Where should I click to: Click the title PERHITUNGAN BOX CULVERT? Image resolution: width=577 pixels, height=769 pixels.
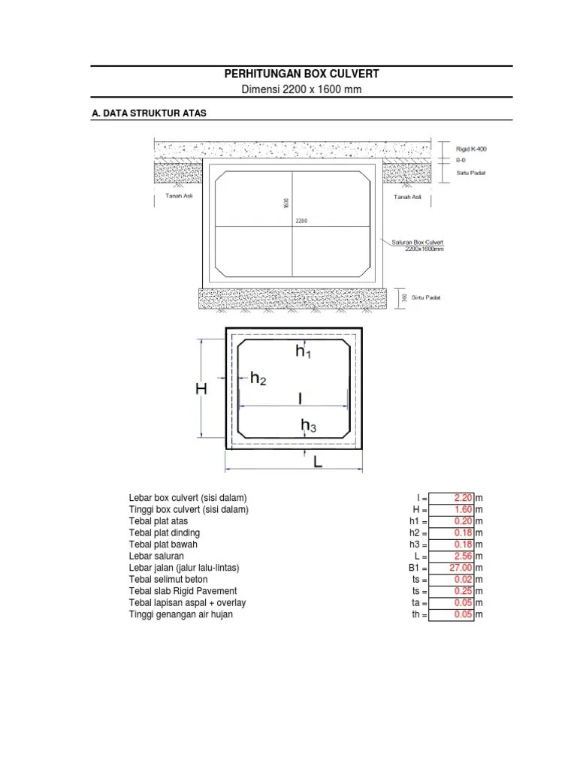click(301, 74)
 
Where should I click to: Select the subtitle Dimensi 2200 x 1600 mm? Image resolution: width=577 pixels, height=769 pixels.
click(301, 90)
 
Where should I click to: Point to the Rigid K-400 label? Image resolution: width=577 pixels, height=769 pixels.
click(471, 149)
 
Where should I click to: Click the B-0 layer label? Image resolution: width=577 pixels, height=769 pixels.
click(460, 160)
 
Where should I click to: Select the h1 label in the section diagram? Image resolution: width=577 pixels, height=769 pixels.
click(303, 351)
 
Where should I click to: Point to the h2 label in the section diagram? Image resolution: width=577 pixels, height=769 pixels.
click(258, 380)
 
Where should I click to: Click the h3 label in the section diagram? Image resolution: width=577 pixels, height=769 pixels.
click(308, 427)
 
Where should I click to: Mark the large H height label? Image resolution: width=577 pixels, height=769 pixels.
click(201, 388)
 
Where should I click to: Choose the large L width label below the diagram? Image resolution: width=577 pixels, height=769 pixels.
click(317, 463)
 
